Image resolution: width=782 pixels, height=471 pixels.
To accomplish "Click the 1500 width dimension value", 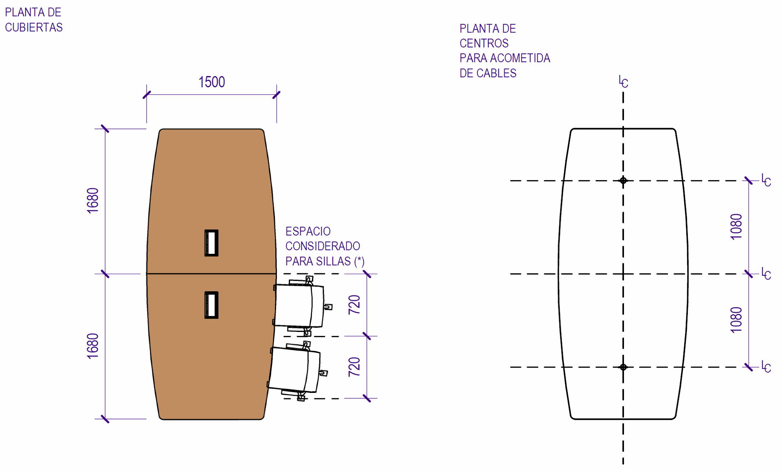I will click(211, 82).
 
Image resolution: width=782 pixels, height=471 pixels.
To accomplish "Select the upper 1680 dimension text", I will click(93, 200).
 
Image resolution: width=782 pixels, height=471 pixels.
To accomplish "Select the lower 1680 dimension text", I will click(93, 346).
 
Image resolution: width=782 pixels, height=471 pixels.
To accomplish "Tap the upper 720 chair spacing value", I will click(354, 305).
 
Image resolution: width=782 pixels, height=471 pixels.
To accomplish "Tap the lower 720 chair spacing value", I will click(354, 367).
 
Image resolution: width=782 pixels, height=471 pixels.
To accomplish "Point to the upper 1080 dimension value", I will click(736, 227).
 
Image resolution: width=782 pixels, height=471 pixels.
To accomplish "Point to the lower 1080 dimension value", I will click(736, 320).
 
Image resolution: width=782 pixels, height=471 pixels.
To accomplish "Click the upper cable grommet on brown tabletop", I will click(211, 243).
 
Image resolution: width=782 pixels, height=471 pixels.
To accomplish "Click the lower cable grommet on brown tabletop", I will click(211, 305).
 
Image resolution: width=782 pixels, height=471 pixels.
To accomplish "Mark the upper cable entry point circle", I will click(623, 180).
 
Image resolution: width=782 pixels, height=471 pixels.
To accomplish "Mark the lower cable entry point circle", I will click(623, 367).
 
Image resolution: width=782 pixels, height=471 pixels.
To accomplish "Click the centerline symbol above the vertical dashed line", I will click(623, 82).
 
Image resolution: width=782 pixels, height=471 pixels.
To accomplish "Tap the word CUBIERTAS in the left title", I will click(34, 27).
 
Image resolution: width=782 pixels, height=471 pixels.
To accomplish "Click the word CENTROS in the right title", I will click(484, 43).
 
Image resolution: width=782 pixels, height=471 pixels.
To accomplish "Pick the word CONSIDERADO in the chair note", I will click(323, 246).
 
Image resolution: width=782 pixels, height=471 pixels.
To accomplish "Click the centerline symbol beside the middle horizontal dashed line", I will click(766, 274).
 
